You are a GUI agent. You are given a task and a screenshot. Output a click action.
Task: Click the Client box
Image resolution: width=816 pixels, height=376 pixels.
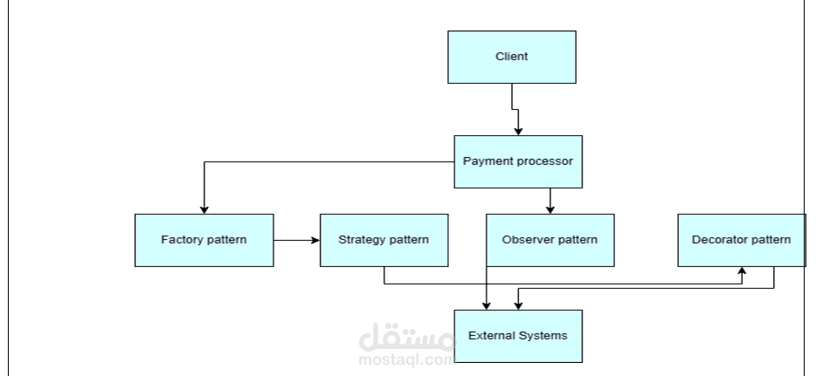tap(511, 58)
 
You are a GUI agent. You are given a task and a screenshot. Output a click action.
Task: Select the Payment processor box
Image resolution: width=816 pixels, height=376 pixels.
tap(517, 161)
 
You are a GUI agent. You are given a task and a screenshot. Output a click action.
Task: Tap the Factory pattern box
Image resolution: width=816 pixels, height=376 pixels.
tap(204, 240)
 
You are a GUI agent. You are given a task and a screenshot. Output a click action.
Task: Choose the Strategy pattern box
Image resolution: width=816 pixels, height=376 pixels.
tap(384, 240)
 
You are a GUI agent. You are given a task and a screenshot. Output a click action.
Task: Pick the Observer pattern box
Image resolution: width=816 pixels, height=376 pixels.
tap(550, 240)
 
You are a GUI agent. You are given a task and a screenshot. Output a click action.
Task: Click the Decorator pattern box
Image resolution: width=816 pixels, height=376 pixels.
tap(741, 240)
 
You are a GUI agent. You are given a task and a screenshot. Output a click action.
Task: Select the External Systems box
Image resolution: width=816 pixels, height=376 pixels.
tap(517, 336)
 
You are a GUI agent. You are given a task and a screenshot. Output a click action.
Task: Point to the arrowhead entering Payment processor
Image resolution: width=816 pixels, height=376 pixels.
tap(518, 131)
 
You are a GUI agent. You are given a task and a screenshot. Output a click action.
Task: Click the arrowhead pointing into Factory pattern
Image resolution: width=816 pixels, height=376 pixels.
tap(204, 209)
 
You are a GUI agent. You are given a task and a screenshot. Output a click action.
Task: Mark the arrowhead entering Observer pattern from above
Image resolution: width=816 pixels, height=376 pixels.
tap(550, 209)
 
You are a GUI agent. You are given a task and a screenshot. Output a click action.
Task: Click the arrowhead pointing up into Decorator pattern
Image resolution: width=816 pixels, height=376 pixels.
tap(742, 271)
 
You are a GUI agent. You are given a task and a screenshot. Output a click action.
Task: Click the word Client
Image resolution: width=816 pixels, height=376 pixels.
tap(511, 58)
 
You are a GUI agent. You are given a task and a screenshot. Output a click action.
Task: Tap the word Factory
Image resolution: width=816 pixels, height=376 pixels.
tap(181, 240)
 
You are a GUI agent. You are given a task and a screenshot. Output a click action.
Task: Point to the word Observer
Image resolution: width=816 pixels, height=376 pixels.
tap(526, 240)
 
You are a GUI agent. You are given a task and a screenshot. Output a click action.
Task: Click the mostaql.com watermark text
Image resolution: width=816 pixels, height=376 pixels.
tap(406, 358)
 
